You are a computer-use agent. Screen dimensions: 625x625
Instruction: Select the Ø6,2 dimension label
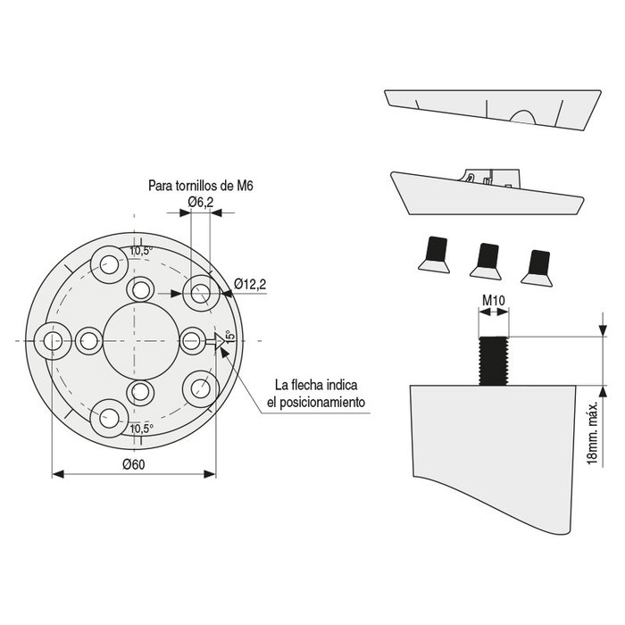200,203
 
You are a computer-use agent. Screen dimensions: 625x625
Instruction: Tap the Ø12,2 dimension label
251,284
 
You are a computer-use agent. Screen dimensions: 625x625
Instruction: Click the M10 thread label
494,301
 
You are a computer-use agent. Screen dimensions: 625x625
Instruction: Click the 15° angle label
229,337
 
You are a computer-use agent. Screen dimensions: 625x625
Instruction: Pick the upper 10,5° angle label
141,251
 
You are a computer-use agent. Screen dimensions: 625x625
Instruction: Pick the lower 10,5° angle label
141,429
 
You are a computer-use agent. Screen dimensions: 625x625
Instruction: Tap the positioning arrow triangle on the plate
215,340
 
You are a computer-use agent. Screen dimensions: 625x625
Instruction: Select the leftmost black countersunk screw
435,254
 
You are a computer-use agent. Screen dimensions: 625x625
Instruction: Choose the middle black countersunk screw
487,257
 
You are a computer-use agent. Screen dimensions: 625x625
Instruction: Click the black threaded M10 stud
494,360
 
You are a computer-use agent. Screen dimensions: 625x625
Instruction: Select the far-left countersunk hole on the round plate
50,339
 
